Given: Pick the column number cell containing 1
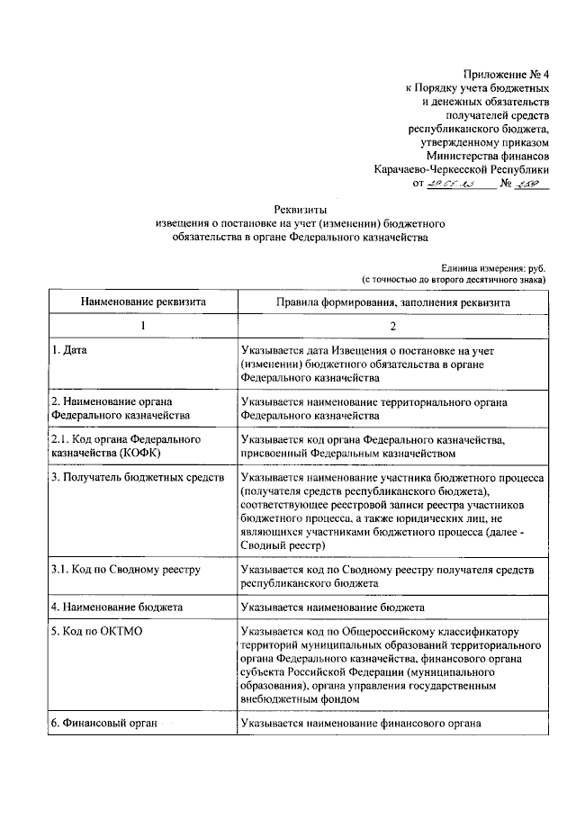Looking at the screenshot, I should pyautogui.click(x=143, y=325).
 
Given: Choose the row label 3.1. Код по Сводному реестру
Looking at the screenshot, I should pyautogui.click(x=125, y=571).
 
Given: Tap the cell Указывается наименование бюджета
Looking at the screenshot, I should pyautogui.click(x=340, y=607).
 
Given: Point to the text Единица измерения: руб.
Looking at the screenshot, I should pyautogui.click(x=493, y=267).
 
